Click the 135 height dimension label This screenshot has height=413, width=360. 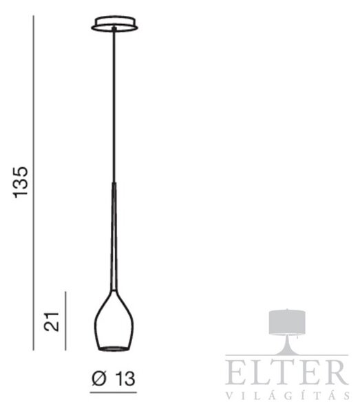(21, 182)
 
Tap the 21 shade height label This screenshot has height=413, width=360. (52, 321)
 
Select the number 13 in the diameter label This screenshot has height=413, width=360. (125, 379)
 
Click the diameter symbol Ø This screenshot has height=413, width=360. (99, 379)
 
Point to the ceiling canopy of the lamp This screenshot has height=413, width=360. (114, 24)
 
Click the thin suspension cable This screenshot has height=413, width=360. (114, 105)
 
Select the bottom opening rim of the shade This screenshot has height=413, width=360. (114, 349)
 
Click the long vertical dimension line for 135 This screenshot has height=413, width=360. (34, 183)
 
